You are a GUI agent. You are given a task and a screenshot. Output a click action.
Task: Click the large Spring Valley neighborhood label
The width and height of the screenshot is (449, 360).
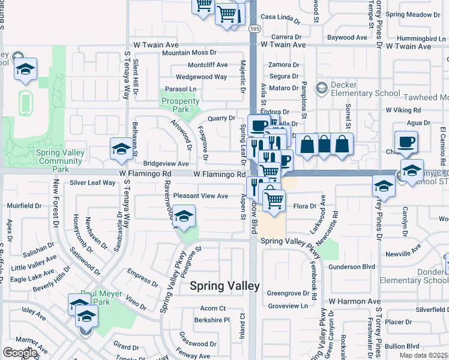[224, 286]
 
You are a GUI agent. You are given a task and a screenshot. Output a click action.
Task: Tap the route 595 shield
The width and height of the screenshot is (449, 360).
[255, 28]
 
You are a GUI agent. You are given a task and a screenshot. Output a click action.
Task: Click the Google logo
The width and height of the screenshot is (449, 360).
[20, 352]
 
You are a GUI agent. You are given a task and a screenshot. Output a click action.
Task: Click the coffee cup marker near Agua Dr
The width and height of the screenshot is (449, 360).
[406, 142]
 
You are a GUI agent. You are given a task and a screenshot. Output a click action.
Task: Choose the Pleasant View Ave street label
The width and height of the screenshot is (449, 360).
[200, 196]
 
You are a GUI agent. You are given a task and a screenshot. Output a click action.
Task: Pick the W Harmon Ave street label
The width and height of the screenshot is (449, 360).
[354, 301]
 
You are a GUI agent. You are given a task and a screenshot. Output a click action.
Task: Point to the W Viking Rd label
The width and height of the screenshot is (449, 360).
[403, 110]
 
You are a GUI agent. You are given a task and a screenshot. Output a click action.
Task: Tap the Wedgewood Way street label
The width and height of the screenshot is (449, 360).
[201, 77]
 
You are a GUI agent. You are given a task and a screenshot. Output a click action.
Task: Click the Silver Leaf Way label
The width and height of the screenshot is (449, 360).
[92, 182]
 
